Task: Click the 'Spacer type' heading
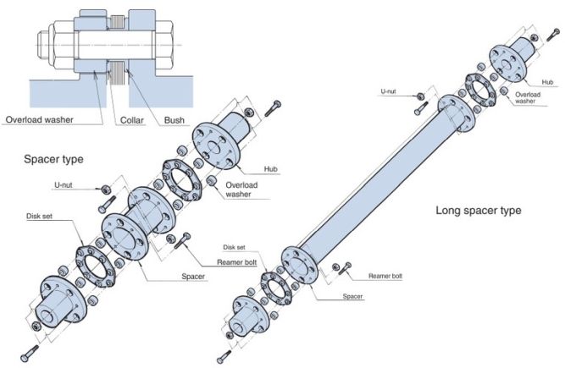[x=54, y=159]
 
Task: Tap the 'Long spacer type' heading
[x=478, y=210]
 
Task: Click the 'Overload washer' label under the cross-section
[x=40, y=119]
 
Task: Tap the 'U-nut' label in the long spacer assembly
[x=389, y=90]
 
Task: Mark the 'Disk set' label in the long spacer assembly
[x=235, y=247]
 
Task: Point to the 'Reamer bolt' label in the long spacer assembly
[x=385, y=276]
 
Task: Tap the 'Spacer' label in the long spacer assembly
[x=353, y=297]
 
